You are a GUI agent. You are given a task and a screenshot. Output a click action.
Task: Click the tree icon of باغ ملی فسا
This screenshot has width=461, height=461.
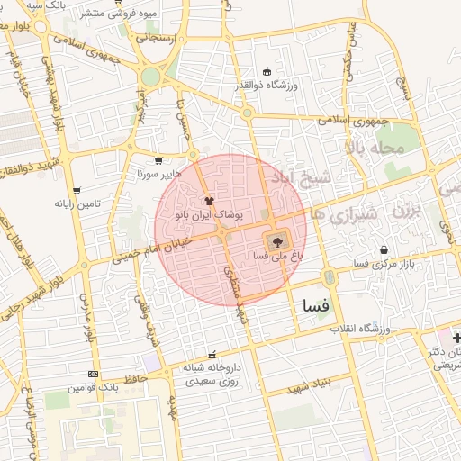click(276, 240)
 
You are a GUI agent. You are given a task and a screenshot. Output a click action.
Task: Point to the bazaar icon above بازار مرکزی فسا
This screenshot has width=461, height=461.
click(384, 249)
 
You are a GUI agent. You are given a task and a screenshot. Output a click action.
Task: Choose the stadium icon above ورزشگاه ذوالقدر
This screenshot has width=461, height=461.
click(266, 72)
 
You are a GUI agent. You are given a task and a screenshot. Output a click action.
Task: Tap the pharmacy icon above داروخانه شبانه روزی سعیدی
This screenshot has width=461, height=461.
click(212, 355)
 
